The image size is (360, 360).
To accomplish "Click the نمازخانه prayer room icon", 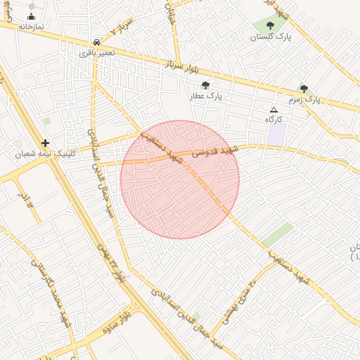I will (32, 16).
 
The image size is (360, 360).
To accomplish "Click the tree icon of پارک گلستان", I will (270, 27).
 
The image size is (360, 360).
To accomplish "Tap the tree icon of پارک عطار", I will (205, 85).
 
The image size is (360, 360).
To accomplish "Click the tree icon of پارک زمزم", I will (304, 89).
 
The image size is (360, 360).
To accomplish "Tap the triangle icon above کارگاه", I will (274, 110).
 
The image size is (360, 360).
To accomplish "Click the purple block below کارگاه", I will (276, 134).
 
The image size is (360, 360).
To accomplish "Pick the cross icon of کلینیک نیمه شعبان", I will (46, 143).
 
